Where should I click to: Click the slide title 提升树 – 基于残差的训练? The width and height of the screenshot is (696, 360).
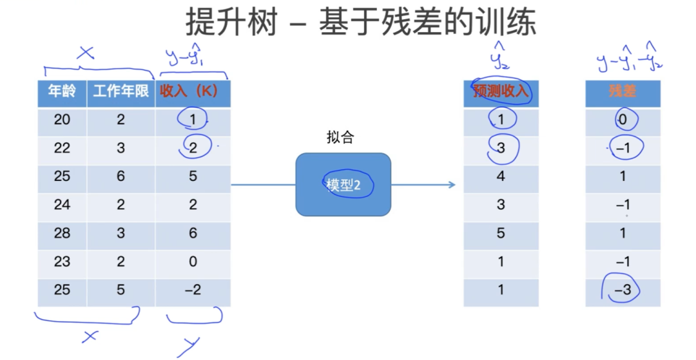[x=360, y=22]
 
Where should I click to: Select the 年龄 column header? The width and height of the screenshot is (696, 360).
[x=62, y=91]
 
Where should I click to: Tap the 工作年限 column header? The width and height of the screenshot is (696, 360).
[x=121, y=91]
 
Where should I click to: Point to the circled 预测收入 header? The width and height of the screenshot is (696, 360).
[x=501, y=91]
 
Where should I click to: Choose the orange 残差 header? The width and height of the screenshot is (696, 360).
[x=623, y=91]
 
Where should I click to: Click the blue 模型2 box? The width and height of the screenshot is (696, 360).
[x=343, y=184]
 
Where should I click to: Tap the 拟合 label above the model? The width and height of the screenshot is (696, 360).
[x=340, y=137]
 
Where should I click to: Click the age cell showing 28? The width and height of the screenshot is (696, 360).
[x=62, y=233]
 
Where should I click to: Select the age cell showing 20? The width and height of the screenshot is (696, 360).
[x=62, y=120]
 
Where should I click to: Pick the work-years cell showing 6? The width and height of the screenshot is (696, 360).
[x=121, y=176]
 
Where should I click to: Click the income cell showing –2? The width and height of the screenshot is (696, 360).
[x=193, y=290]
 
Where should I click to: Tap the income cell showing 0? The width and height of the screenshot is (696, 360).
[x=193, y=261]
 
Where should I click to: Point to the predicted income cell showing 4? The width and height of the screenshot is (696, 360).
[x=501, y=176]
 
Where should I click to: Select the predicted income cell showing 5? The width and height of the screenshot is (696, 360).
[x=501, y=233]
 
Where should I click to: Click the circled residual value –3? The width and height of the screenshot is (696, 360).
[x=623, y=290]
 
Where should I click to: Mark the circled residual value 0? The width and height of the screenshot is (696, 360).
[x=623, y=120]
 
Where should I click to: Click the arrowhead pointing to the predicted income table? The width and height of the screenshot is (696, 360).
[x=452, y=184]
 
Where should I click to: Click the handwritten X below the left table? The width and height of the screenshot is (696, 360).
[x=89, y=337]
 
